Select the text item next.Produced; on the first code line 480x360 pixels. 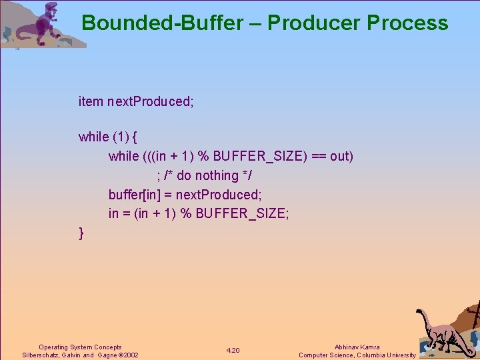click(136, 101)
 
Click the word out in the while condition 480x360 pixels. click(339, 156)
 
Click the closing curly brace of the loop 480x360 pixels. click(81, 233)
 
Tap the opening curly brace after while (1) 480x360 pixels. click(135, 137)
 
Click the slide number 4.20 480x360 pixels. click(233, 351)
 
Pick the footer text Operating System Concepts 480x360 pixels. click(80, 347)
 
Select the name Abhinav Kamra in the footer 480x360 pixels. click(357, 347)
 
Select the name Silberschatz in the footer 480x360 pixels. click(41, 355)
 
